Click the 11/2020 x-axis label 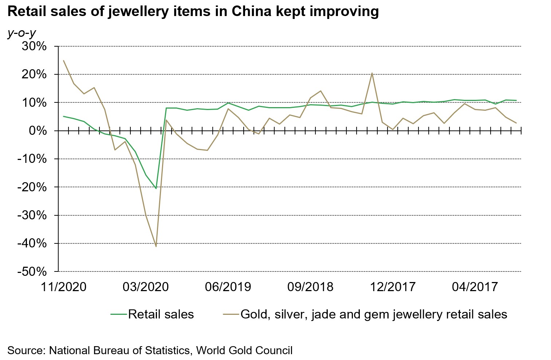click(x=64, y=287)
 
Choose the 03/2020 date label click(x=146, y=287)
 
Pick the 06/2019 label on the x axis click(x=228, y=287)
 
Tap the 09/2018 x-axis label click(x=310, y=287)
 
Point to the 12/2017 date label click(x=393, y=287)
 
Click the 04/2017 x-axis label click(x=475, y=287)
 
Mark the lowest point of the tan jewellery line click(x=156, y=247)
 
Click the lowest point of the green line click(x=156, y=188)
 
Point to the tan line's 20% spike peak click(x=372, y=73)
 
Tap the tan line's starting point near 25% click(x=64, y=60)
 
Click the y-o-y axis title click(x=21, y=33)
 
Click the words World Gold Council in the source click(x=244, y=351)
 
